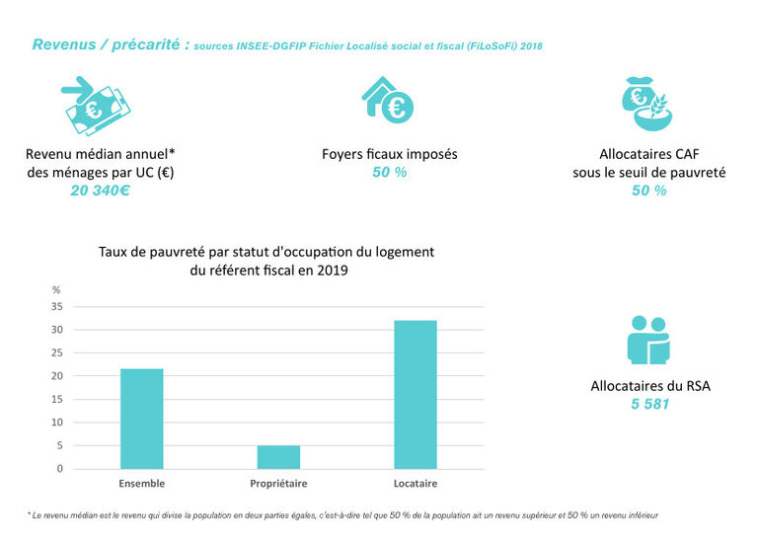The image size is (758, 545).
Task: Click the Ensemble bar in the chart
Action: click(x=141, y=419)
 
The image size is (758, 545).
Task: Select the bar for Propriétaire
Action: click(x=277, y=457)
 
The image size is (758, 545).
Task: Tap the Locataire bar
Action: click(x=415, y=394)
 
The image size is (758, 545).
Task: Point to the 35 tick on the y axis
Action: click(x=57, y=307)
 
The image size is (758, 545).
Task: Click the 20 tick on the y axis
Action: click(x=57, y=376)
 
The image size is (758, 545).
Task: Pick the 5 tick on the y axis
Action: click(x=59, y=445)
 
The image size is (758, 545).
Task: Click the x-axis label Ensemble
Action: click(x=141, y=483)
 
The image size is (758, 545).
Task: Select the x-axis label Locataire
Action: click(x=415, y=483)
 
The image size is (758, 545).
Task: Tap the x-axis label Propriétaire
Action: click(x=277, y=483)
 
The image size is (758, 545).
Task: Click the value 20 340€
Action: click(x=100, y=191)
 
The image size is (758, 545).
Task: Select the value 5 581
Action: click(x=649, y=404)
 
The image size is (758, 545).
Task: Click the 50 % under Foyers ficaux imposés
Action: click(x=389, y=173)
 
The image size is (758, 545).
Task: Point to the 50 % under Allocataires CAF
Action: click(x=648, y=191)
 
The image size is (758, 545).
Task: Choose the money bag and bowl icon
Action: click(x=648, y=103)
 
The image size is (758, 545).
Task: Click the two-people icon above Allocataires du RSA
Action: click(x=648, y=339)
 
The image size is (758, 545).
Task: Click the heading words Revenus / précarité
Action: click(x=109, y=45)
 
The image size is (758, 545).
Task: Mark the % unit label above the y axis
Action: click(x=56, y=289)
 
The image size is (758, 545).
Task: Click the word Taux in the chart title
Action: click(x=114, y=252)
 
